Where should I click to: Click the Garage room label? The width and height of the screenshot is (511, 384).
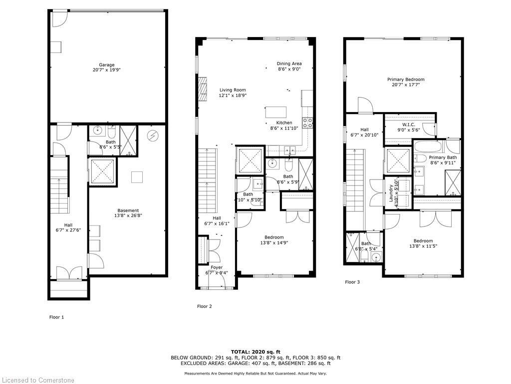point(106,67)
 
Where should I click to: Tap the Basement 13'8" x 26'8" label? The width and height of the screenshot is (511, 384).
point(128,213)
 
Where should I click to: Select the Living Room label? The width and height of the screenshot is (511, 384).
point(233,92)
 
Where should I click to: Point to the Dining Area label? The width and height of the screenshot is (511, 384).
point(289,66)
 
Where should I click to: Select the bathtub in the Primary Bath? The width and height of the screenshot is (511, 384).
point(429,146)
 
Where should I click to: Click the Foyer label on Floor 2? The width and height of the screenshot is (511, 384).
point(217,270)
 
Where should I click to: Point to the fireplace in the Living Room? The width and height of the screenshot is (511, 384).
point(202,89)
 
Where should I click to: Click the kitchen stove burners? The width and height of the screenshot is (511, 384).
point(308,122)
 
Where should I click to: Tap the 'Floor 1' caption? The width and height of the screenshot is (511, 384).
point(56,317)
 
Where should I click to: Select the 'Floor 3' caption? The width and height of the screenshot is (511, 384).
point(352,282)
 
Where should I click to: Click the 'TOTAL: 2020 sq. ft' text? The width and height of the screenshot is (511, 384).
point(255,351)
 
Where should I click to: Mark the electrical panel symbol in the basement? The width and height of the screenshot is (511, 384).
point(153,135)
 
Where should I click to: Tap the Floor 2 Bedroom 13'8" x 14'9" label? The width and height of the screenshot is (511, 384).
point(274,240)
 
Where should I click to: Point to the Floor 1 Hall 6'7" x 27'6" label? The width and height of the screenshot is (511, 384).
point(68,228)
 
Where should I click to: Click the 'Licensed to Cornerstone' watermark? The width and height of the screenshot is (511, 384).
point(37,380)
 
